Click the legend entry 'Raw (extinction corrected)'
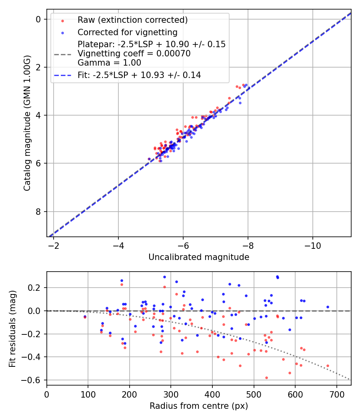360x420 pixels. [x=132, y=20]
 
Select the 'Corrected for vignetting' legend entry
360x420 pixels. [x=128, y=32]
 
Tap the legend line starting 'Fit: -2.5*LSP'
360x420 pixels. [x=139, y=75]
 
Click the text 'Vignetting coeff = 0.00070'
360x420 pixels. [x=134, y=54]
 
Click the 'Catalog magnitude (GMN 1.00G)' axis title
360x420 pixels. [x=27, y=122]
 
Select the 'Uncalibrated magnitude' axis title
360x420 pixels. [x=199, y=257]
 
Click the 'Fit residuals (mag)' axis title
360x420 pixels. [x=13, y=328]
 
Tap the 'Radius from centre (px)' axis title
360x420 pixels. [x=199, y=406]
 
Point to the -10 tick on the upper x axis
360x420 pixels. [x=312, y=245]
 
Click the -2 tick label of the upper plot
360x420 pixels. [x=54, y=245]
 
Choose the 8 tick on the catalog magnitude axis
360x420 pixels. [x=38, y=212]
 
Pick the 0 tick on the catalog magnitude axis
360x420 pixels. [x=38, y=19]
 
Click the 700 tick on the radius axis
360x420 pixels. [x=336, y=394]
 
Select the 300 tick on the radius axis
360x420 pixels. [x=171, y=394]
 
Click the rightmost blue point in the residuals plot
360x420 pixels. [x=328, y=307]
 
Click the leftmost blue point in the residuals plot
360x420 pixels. [x=85, y=316]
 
